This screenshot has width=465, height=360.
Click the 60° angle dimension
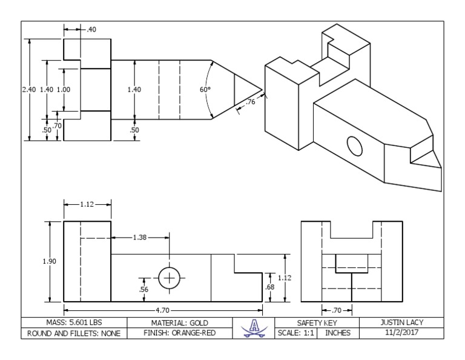[205, 90]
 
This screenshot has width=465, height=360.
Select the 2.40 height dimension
[28, 90]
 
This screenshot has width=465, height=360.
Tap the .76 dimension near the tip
[251, 102]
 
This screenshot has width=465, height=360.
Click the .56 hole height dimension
[144, 290]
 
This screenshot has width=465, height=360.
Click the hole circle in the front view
[169, 278]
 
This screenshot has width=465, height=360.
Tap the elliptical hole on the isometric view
[354, 145]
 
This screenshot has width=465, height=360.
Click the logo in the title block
[254, 327]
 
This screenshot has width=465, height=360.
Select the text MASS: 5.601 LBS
[73, 322]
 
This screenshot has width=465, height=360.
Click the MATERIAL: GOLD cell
[179, 322]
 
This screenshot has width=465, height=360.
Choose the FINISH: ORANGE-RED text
[179, 333]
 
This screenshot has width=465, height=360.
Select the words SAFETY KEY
[318, 322]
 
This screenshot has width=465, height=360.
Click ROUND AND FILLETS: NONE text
[73, 333]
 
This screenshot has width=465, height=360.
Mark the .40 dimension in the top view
[91, 30]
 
